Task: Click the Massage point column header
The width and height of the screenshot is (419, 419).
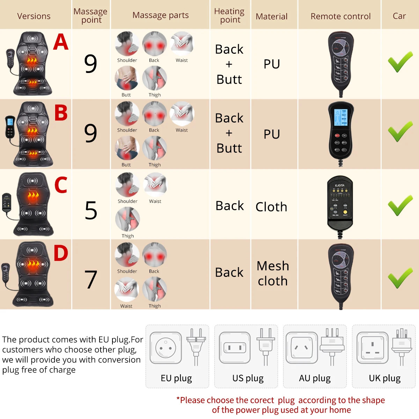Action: coord(90,16)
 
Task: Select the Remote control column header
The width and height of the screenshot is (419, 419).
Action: coord(340,16)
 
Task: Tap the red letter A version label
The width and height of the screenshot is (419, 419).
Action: coord(61,42)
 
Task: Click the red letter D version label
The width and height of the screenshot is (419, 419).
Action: coord(61,253)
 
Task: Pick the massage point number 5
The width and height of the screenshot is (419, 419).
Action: coord(91,211)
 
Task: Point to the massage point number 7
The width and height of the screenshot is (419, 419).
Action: coord(91,280)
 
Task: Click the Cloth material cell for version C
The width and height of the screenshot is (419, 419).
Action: coord(271,207)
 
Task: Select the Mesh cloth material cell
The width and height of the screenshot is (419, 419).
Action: coord(273,273)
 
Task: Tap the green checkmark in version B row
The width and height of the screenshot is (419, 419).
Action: coord(400,132)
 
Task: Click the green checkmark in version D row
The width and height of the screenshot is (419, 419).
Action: coord(400,278)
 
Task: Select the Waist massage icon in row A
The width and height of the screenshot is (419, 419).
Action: coord(182,43)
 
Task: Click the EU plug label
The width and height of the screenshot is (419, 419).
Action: coord(176,378)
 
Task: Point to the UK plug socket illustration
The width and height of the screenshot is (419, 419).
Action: coord(372,348)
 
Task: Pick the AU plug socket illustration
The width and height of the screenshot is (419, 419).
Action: coord(301,348)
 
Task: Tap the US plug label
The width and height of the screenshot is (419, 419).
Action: coord(248,378)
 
